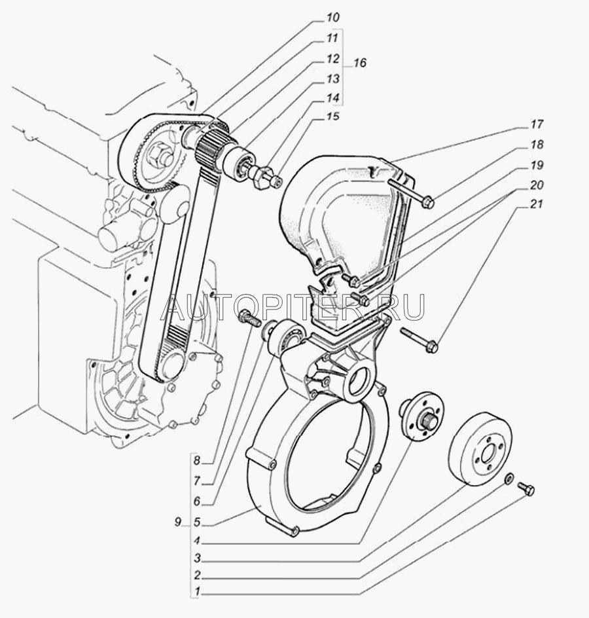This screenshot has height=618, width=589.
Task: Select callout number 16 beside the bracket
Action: click(x=360, y=63)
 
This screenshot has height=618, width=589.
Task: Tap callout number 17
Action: click(x=537, y=124)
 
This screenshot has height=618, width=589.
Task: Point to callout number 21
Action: click(x=537, y=204)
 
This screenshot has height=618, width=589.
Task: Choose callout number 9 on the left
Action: click(x=179, y=522)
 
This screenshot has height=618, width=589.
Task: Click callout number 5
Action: click(x=197, y=522)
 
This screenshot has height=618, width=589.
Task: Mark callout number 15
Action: click(x=332, y=117)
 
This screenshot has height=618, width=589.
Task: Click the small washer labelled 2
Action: click(x=509, y=479)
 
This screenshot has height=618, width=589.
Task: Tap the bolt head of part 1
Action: click(x=529, y=491)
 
